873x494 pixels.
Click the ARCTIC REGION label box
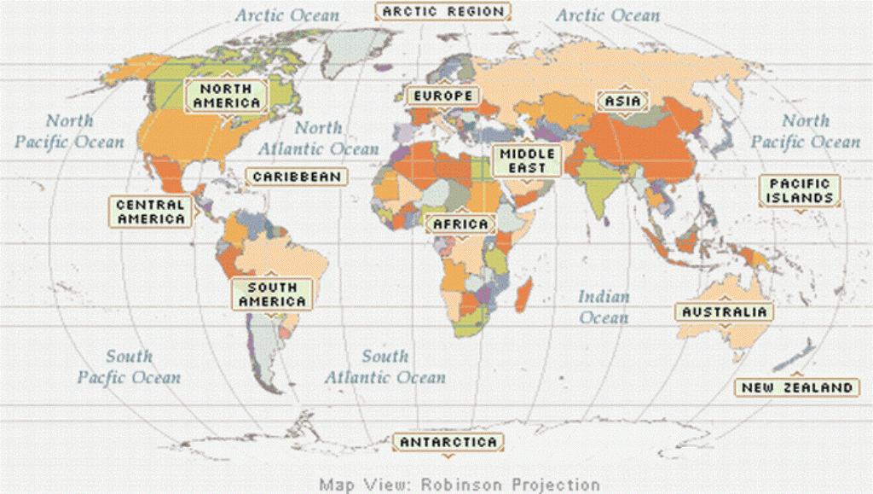[x=443, y=12]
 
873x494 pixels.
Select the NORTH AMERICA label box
[x=226, y=96]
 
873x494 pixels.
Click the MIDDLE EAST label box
[x=527, y=161]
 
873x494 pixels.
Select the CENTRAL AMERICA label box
[x=151, y=212]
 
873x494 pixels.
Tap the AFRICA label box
[x=460, y=224]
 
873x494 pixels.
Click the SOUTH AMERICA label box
[x=272, y=294]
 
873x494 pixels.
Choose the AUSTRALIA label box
[x=724, y=312]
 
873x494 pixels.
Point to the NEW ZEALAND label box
[x=796, y=387]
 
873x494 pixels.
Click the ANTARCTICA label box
[x=448, y=442]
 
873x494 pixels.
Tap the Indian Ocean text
[x=604, y=307]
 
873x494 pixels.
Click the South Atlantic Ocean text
[x=385, y=367]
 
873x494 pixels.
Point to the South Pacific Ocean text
[x=129, y=367]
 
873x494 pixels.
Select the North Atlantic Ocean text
[x=318, y=138]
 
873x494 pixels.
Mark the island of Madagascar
[x=525, y=299]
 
